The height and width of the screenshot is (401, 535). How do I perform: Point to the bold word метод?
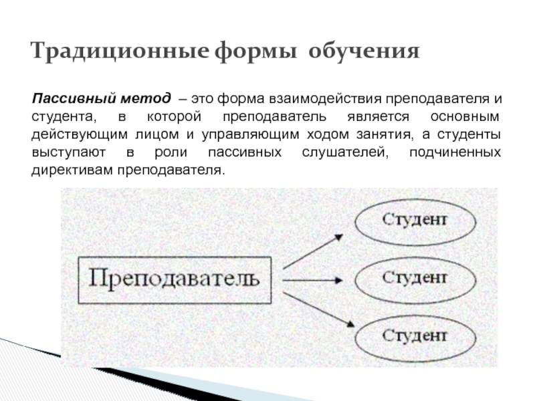point(146,99)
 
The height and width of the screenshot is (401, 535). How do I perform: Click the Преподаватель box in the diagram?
point(174,278)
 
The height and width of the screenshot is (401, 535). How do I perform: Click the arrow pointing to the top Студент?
point(313,251)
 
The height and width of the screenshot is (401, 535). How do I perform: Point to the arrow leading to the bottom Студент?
point(316,305)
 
